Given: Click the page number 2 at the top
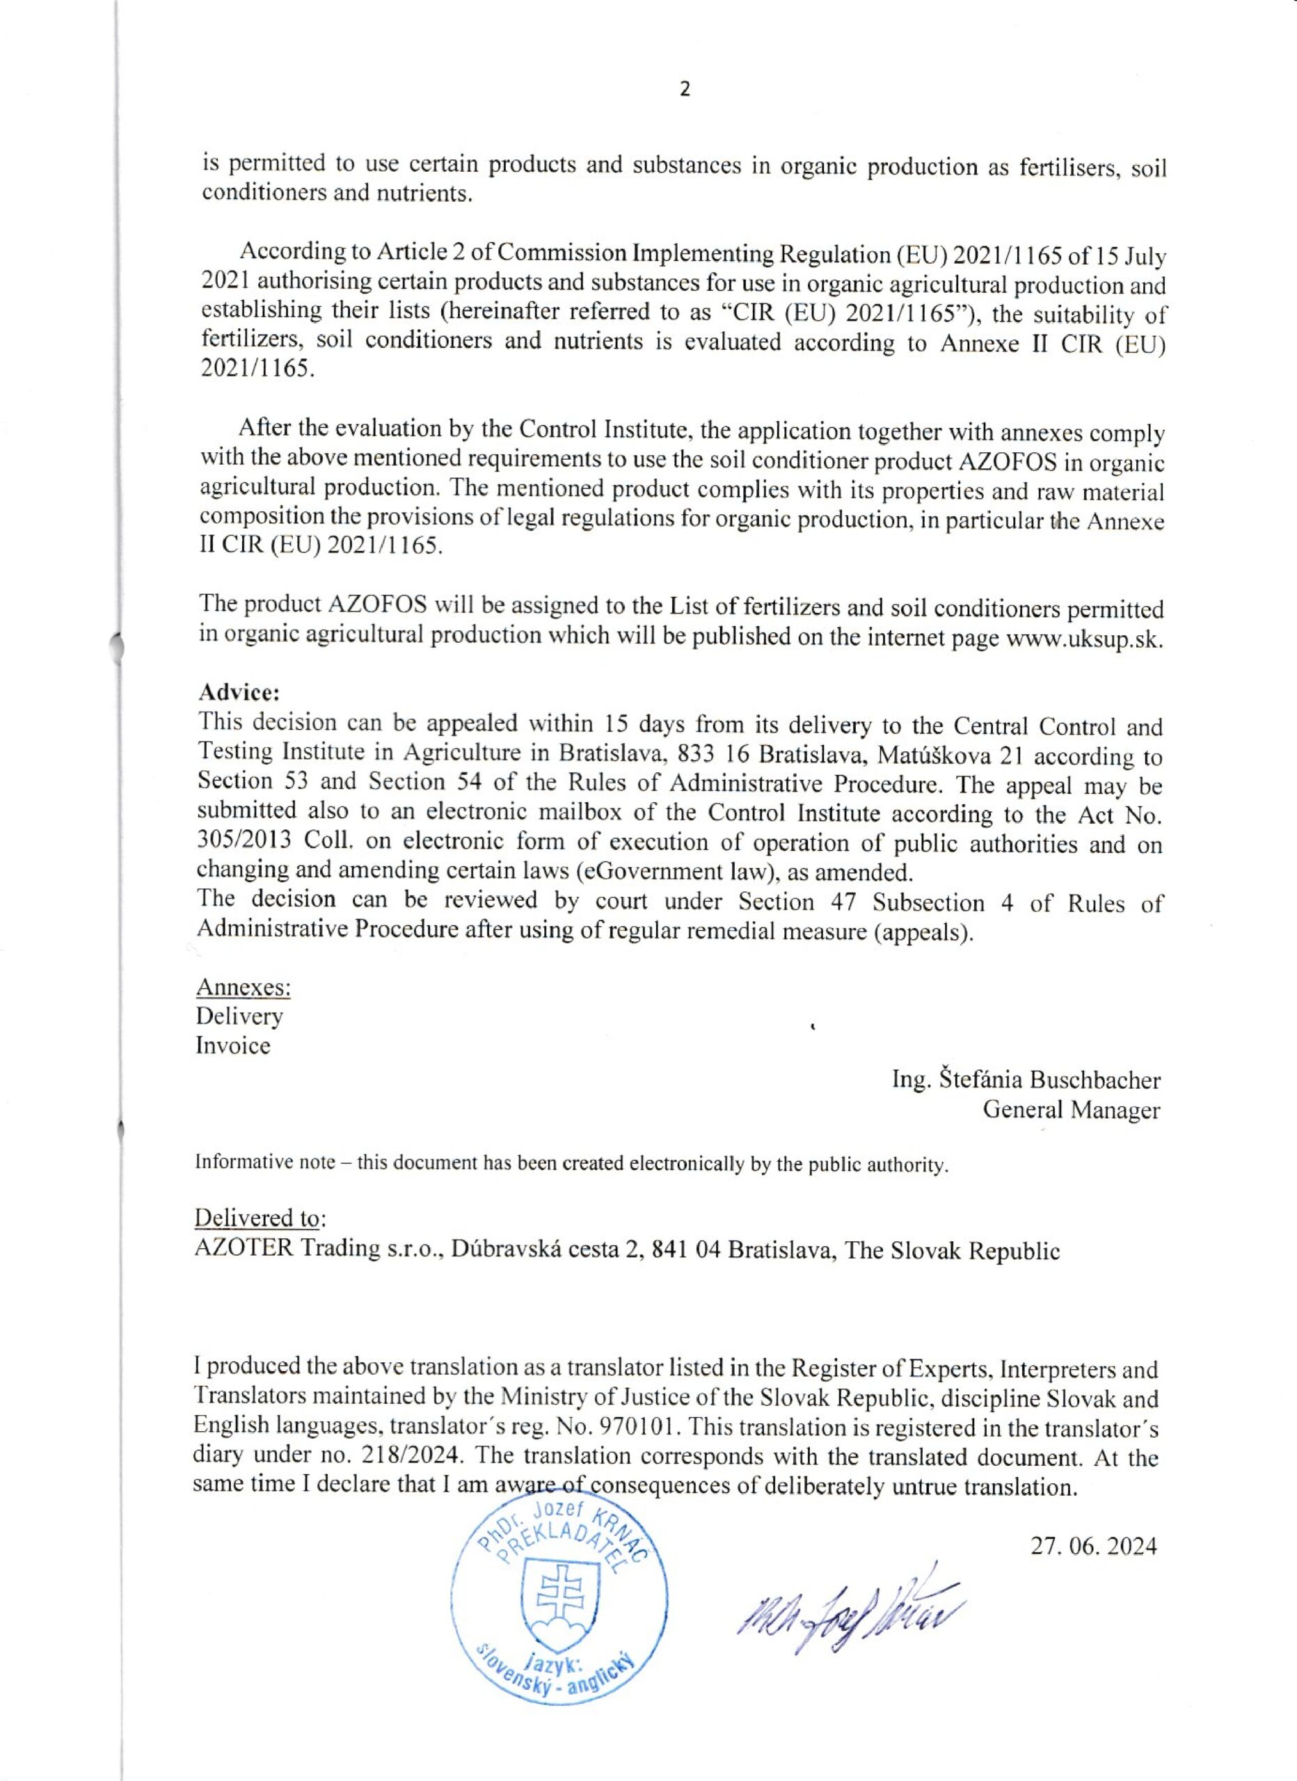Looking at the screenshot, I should pos(685,90).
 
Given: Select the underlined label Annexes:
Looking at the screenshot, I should pos(244,987).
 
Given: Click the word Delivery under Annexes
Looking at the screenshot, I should pos(239,1016).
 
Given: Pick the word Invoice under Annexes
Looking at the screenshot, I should pos(232,1046).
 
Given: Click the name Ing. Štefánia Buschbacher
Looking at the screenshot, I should pos(1026,1080).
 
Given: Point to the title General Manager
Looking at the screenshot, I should pos(1071,1110).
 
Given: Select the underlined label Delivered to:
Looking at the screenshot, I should pos(260,1218).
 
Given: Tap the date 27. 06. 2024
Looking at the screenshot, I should pos(1094,1547).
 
